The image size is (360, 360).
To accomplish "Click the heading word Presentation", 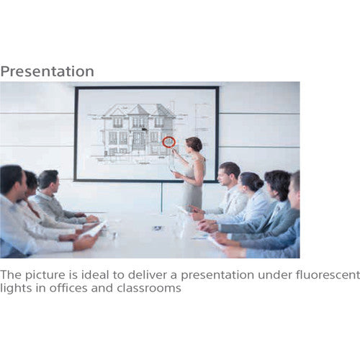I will (48, 71).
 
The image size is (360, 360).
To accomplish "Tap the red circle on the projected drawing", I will (169, 141).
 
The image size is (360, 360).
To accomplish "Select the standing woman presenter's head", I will (194, 145).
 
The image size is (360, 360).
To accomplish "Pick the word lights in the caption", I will (14, 288).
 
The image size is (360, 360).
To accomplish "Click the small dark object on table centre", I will (157, 228).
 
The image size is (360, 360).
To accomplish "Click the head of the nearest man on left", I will (12, 181).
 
